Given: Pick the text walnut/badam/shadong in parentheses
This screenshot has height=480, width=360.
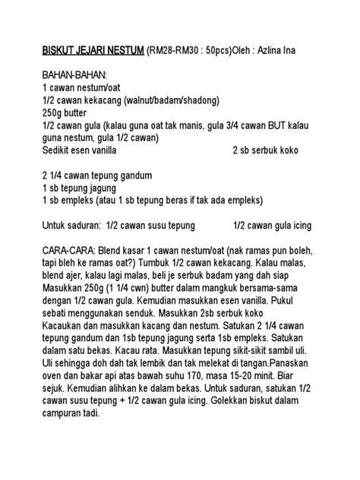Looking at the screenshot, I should tap(174, 101).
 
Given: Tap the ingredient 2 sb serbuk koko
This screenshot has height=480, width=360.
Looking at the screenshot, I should tap(273, 150).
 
